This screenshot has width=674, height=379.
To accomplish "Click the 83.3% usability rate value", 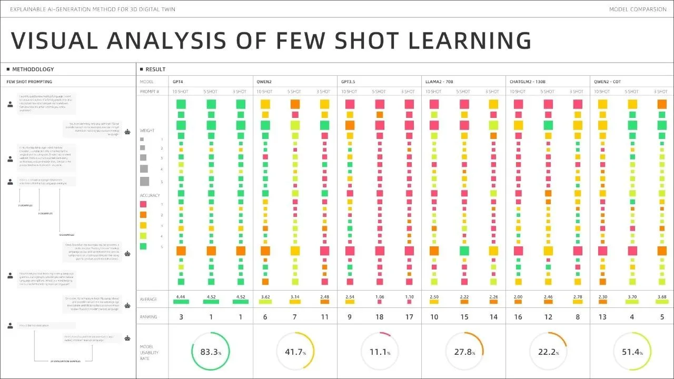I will coord(210,352).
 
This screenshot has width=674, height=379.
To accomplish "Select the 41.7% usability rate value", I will coord(294,352).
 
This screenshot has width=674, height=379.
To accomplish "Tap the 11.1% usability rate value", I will coord(378,352).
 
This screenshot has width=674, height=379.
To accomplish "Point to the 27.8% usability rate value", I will coord(463,352).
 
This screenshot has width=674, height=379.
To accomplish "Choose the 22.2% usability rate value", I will coord(548,352).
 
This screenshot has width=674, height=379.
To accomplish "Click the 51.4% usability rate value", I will coord(632,352).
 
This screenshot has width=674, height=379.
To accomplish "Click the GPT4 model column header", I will coord(177,82).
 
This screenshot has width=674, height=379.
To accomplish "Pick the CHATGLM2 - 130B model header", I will coord(528,82).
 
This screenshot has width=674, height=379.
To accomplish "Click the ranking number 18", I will coord(379,317).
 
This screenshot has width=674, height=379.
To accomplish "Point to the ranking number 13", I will coord(602,317).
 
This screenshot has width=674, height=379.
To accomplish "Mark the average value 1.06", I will coord(379,297).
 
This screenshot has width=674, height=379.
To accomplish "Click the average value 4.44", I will coord(181,297).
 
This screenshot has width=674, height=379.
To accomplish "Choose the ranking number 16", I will coord(518,317).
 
